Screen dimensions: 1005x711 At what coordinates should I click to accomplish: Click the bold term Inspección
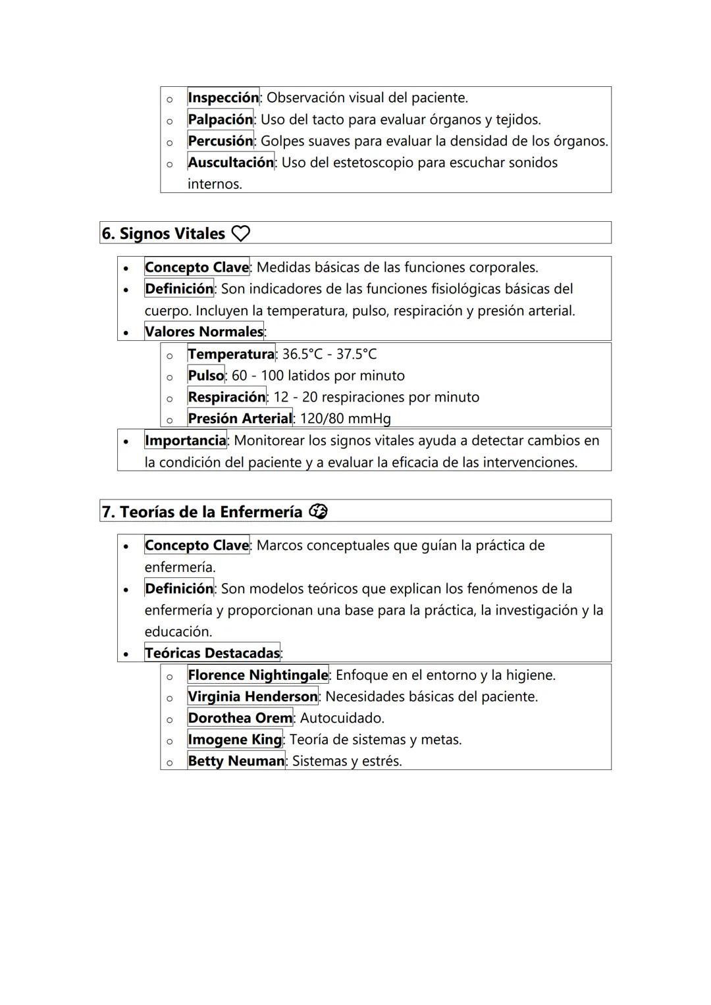223,97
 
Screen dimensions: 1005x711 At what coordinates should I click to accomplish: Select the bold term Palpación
220,119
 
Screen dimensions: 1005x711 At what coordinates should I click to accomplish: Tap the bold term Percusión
220,141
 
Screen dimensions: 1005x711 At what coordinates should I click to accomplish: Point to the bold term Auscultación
230,162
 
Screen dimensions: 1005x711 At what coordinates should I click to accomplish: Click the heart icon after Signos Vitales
241,234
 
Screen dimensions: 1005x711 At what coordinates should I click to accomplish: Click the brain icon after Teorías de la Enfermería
318,511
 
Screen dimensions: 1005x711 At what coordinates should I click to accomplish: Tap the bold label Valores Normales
203,332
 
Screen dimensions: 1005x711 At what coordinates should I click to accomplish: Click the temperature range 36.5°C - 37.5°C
329,354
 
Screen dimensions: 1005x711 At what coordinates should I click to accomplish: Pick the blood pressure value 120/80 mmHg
345,419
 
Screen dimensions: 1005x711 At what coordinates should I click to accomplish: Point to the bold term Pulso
205,375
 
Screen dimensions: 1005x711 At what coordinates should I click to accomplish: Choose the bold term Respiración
226,397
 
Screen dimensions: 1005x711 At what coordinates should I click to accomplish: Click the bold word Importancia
185,440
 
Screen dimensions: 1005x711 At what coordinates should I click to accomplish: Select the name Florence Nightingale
257,675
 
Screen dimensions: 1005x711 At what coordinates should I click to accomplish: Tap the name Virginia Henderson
252,696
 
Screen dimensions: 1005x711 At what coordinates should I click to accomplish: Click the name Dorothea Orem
240,718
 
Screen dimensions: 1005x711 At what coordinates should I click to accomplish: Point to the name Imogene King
234,739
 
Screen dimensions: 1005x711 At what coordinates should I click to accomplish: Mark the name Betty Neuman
236,761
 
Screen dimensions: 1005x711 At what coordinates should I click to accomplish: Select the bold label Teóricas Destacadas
212,653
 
